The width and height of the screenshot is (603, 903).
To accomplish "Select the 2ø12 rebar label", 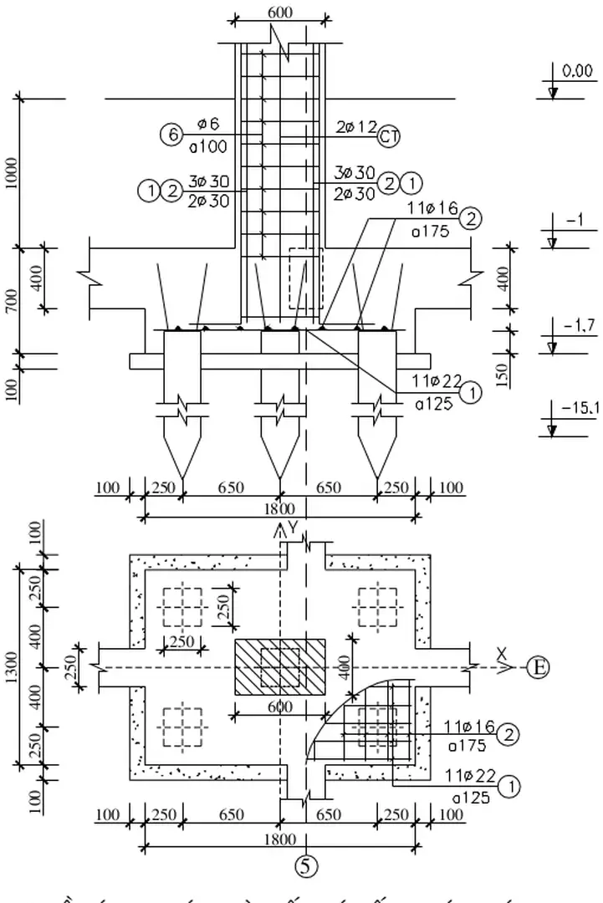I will click(x=356, y=125).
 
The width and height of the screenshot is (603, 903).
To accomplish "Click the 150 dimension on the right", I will click(x=501, y=374).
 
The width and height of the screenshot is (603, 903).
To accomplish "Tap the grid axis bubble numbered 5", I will click(x=307, y=866).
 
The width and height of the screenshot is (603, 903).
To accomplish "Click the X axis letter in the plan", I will click(x=501, y=652).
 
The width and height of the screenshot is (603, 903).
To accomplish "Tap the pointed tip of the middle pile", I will click(x=279, y=479).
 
